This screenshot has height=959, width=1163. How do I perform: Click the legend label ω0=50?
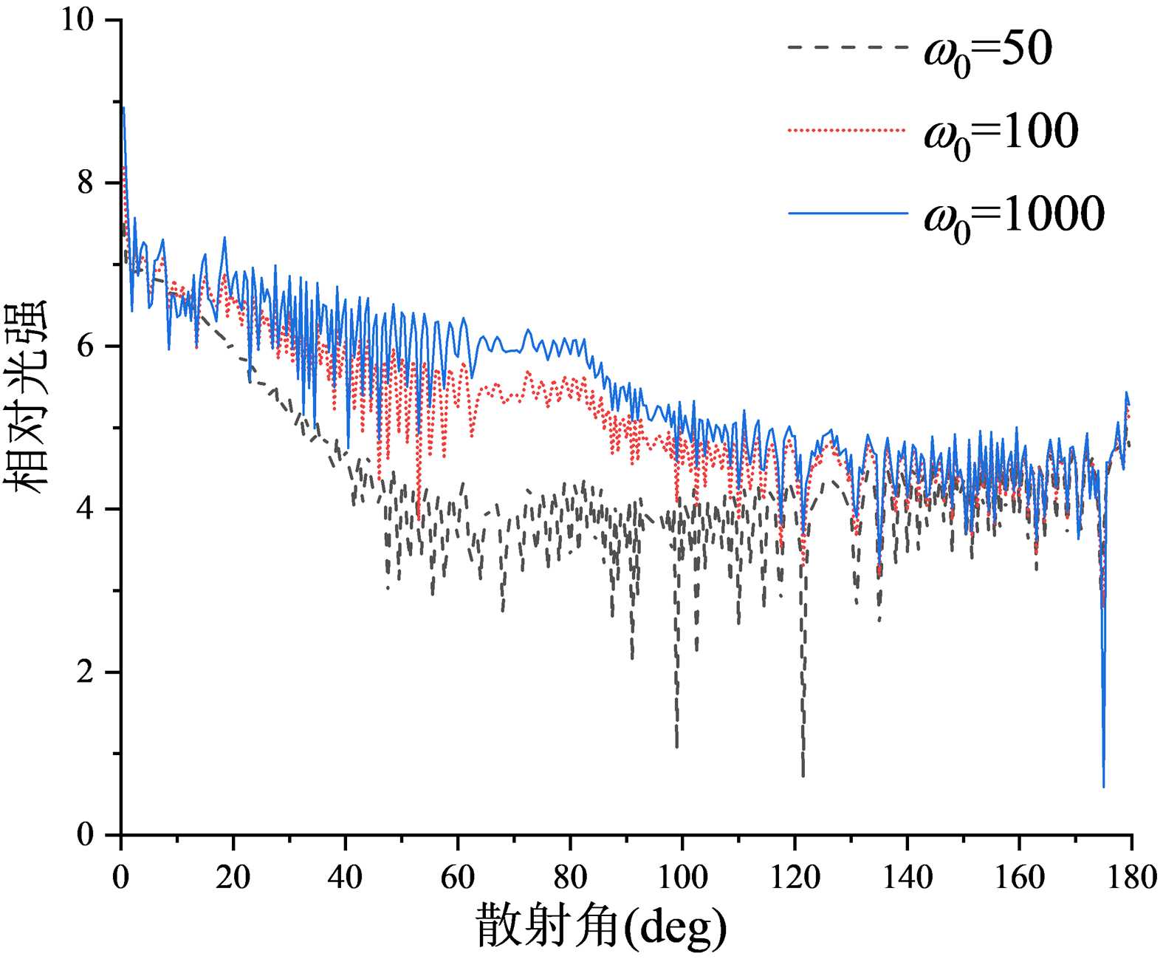988,52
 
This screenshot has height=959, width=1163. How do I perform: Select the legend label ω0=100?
1001,134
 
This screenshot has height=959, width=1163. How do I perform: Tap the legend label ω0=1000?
1014,216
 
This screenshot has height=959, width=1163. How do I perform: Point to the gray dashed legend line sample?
847,47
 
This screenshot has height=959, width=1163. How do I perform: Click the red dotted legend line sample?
847,130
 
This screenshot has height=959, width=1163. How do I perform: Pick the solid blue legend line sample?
847,213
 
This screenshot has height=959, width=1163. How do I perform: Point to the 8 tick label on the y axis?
86,182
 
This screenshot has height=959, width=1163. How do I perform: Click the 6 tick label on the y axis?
86,347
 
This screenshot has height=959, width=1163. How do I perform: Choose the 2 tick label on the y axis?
86,672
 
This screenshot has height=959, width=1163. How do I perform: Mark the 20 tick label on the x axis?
233,877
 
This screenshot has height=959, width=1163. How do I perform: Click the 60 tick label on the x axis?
457,877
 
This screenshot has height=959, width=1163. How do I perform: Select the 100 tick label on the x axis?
682,877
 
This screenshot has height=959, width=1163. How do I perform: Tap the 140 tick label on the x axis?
907,877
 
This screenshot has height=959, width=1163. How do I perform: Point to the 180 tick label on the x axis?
1131,877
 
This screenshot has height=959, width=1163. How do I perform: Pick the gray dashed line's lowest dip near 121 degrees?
803,774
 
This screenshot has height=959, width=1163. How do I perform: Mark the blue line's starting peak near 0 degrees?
123,108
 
